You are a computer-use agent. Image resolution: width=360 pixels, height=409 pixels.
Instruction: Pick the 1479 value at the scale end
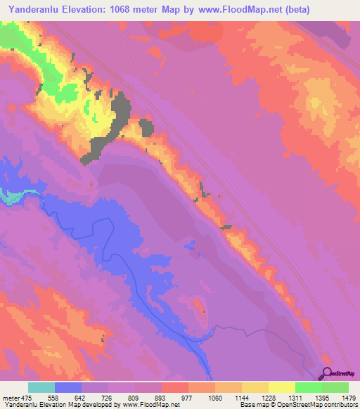coord(347,397)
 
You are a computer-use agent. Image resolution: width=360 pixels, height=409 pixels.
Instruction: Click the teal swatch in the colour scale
coord(41,387)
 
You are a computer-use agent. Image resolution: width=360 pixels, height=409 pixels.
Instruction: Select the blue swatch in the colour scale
coord(67,387)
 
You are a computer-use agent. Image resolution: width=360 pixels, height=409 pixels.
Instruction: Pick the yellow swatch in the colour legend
coord(281,387)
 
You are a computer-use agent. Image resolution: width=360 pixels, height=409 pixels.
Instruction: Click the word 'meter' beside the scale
coord(8,397)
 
